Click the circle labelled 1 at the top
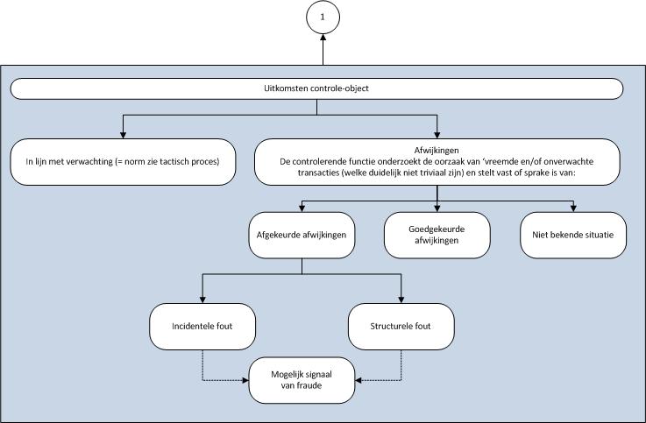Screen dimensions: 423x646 tap(323, 17)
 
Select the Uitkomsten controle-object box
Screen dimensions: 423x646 tap(316, 88)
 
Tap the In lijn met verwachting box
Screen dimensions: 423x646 tap(121, 162)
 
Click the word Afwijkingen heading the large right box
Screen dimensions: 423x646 tap(437, 148)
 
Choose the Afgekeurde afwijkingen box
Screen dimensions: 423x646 tap(302, 235)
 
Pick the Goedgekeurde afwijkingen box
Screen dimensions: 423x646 tap(437, 235)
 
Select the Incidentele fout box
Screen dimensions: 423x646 tap(202, 326)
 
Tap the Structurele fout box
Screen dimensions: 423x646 tap(401, 326)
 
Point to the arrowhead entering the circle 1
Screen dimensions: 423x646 tap(323, 39)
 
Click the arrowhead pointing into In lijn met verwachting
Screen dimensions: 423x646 tap(121, 133)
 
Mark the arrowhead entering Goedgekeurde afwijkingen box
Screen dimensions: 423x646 tap(437, 208)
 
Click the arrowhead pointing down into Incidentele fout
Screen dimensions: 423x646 tap(202, 300)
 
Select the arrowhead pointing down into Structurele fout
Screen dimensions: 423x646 tap(401, 300)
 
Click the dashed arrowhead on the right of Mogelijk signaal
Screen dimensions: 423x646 tap(358, 381)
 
